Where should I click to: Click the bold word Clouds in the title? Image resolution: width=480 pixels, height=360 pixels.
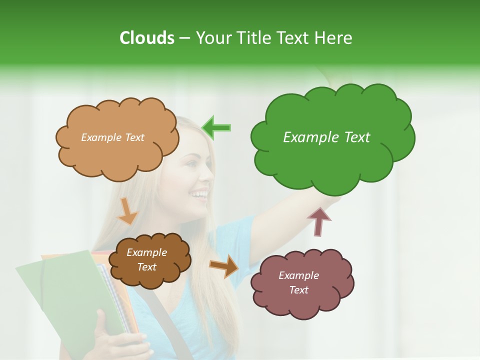click(x=146, y=38)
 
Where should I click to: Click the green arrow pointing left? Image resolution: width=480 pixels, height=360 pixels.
click(x=216, y=127)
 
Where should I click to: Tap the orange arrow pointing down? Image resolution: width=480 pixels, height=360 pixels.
click(x=127, y=210)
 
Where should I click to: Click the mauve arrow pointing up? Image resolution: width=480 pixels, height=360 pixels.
click(x=319, y=221)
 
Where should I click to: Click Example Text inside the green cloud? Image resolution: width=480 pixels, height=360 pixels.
click(x=326, y=137)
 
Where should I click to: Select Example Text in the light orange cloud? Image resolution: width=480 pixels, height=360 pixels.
click(x=112, y=137)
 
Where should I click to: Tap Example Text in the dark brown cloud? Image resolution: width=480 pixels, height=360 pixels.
click(x=147, y=259)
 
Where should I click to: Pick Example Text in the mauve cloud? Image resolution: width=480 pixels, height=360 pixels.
click(x=298, y=282)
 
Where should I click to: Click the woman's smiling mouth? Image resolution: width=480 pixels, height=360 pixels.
click(x=200, y=194)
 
